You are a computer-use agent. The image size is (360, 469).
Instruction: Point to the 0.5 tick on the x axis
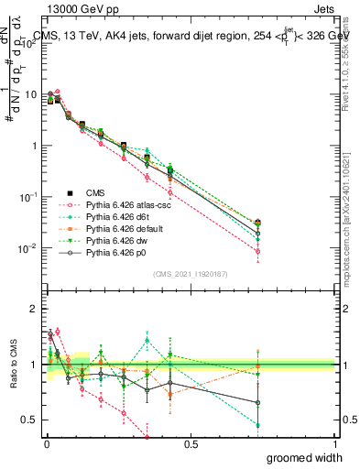coord(191,445)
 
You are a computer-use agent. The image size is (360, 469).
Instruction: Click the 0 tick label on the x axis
coord(47,445)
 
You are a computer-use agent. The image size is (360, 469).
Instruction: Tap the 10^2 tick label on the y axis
coord(27,42)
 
